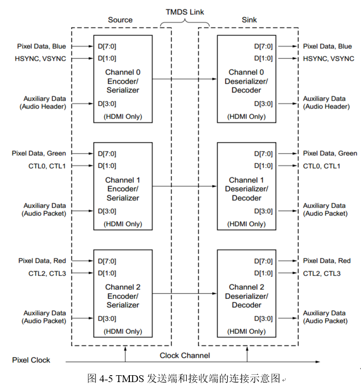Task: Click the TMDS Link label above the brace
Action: pos(184,11)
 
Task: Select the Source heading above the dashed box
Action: pos(120,20)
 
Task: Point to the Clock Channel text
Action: pos(185,356)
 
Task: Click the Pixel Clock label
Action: pos(31,360)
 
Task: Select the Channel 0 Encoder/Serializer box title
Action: pos(123,81)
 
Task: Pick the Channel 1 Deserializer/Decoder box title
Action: pos(246,189)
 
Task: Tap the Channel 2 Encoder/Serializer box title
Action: pos(123,296)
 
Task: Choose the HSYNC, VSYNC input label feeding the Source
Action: pos(41,59)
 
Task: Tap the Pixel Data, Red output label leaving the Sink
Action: pos(327,261)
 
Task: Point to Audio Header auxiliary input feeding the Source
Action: pos(44,103)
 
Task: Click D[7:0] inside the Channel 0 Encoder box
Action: pos(107,46)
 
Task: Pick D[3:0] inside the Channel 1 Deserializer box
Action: pos(263,211)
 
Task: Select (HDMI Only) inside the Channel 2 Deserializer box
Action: pos(247,331)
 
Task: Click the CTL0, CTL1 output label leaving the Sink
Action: pos(321,166)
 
